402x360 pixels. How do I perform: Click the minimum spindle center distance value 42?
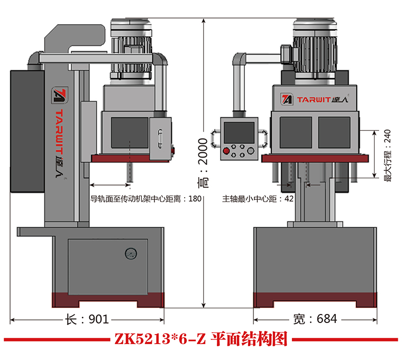(289, 199)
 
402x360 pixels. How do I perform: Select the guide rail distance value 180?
(195, 199)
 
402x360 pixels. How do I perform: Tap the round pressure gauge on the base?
(130, 255)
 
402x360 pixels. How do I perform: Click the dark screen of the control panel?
(239, 132)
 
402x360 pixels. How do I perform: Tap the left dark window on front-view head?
(295, 133)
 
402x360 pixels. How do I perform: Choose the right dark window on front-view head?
(334, 133)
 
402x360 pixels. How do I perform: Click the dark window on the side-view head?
(129, 132)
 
